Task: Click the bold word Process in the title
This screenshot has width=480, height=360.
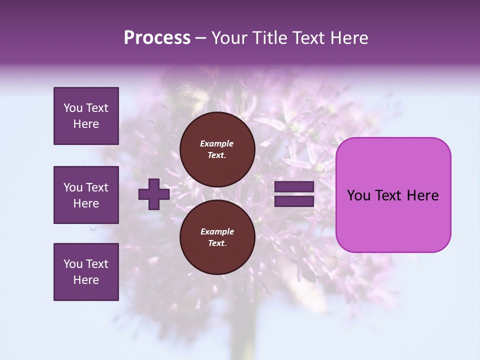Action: pyautogui.click(x=157, y=38)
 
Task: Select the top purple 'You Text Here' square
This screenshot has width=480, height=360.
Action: pyautogui.click(x=86, y=116)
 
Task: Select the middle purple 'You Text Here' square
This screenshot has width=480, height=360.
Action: pyautogui.click(x=86, y=195)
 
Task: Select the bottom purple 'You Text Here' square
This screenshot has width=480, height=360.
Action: pyautogui.click(x=86, y=272)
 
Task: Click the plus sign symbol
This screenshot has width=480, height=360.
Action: pyautogui.click(x=154, y=194)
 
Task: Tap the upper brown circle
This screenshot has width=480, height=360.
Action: pyautogui.click(x=217, y=149)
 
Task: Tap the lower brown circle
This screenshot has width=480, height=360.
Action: pyautogui.click(x=217, y=237)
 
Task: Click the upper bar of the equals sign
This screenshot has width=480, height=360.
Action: pyautogui.click(x=294, y=187)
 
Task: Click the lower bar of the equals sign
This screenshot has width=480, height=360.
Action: pyautogui.click(x=294, y=201)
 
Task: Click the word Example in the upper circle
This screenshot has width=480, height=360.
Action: pyautogui.click(x=217, y=143)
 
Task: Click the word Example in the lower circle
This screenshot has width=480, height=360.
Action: pyautogui.click(x=217, y=231)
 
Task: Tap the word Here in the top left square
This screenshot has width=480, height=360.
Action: pyautogui.click(x=86, y=124)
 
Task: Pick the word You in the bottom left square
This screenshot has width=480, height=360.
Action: pyautogui.click(x=73, y=264)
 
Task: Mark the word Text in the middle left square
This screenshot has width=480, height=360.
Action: pyautogui.click(x=96, y=187)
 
